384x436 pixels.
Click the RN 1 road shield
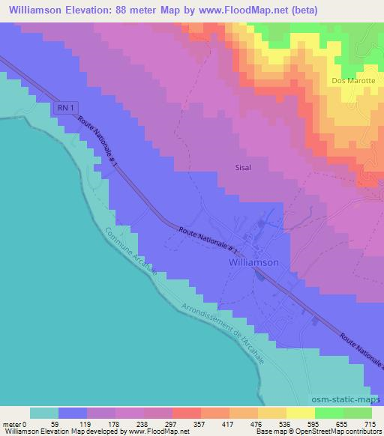pyautogui.click(x=66, y=108)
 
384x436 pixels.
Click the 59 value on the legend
pyautogui.click(x=58, y=423)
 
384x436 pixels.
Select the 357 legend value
pyautogui.click(x=200, y=423)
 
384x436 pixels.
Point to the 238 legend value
pyautogui.click(x=143, y=423)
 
